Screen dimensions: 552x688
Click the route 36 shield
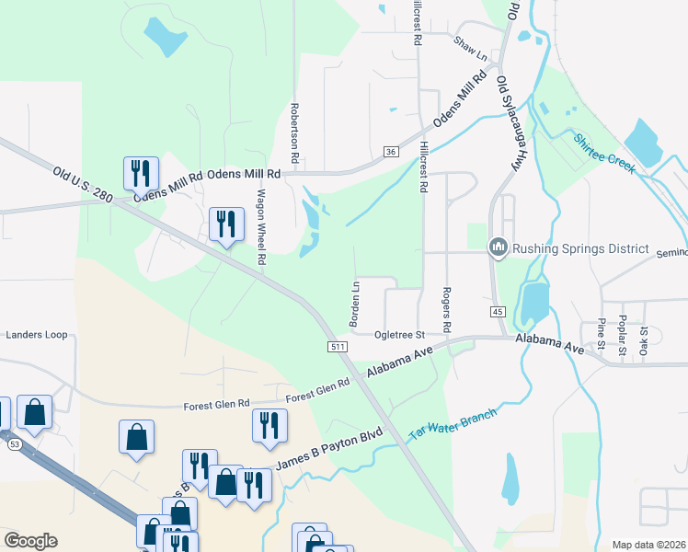[391, 151]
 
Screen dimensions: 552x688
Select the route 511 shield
[336, 346]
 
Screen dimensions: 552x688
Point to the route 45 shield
[498, 313]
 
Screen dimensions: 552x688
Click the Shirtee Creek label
[604, 154]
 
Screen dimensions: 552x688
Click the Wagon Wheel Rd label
[261, 227]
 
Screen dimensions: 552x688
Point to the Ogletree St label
[398, 336]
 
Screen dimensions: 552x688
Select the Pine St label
[602, 334]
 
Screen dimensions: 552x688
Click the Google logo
[30, 541]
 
